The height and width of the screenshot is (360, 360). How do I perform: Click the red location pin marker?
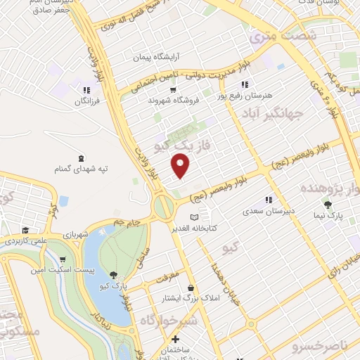click(x=181, y=166)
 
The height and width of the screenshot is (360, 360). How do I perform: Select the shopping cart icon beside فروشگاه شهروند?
click(x=172, y=90)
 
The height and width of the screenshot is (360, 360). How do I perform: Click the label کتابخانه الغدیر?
click(x=214, y=228)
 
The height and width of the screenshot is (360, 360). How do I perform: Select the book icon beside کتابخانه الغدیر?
click(x=195, y=217)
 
